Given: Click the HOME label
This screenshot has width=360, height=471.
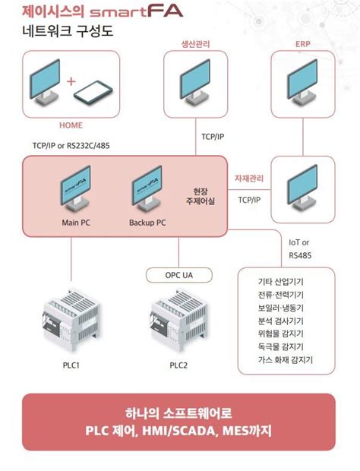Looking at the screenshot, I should pyautogui.click(x=70, y=125).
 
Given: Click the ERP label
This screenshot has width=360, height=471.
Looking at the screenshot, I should pyautogui.click(x=302, y=43).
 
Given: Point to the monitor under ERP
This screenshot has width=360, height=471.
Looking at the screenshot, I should pyautogui.click(x=302, y=81).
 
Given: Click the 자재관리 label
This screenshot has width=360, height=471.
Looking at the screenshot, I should pyautogui.click(x=249, y=179).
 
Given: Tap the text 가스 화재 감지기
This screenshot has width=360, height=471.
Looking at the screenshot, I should pyautogui.click(x=286, y=360).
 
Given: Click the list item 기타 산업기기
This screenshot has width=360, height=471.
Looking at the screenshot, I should pyautogui.click(x=281, y=280).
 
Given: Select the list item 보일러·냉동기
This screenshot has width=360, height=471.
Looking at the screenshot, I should pyautogui.click(x=281, y=307).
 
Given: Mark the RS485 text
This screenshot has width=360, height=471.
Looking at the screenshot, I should pyautogui.click(x=300, y=254).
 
